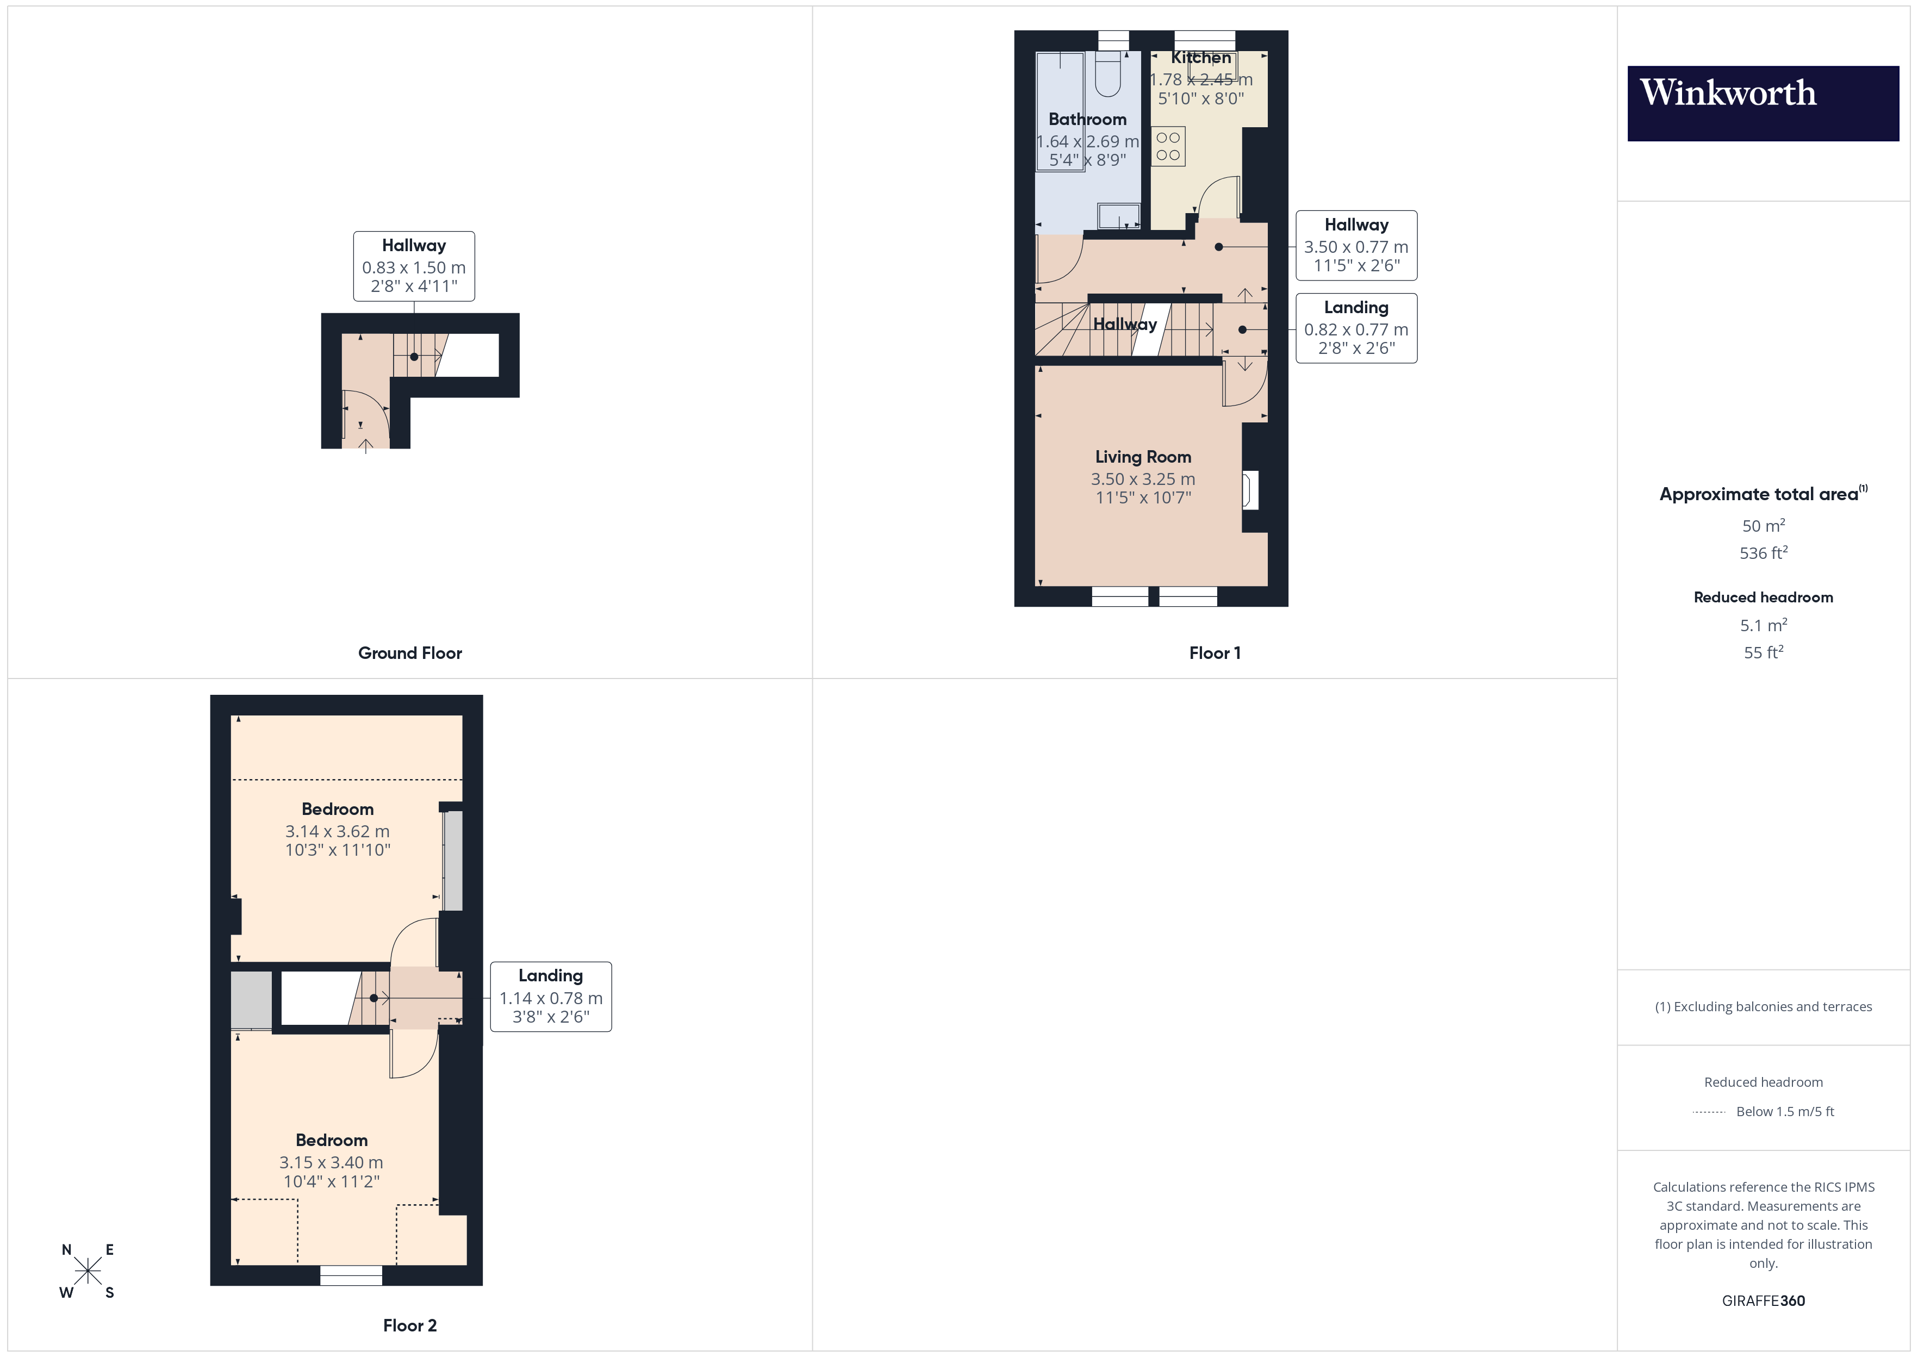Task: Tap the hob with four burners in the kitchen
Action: pos(1168,146)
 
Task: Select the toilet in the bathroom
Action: pos(1108,74)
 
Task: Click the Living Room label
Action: pos(1143,457)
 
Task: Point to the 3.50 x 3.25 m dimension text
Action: pos(1143,479)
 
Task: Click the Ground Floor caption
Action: pos(409,652)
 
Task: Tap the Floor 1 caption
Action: pos(1215,652)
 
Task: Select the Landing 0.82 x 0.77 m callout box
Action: pos(1356,328)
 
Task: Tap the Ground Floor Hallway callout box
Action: pos(414,266)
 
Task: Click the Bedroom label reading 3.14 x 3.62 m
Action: pos(338,809)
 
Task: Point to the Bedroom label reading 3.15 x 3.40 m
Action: pos(332,1140)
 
